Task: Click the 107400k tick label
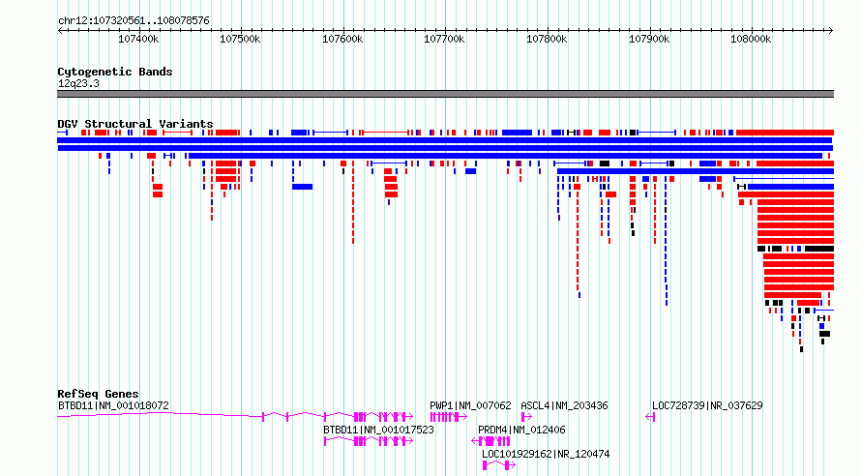click(138, 39)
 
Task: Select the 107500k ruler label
click(240, 39)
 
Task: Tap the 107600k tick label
click(342, 39)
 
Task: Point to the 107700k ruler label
click(444, 39)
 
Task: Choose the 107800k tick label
click(547, 39)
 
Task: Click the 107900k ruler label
click(649, 39)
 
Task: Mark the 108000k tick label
click(751, 39)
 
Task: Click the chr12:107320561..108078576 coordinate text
click(134, 21)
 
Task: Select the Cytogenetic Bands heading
click(115, 72)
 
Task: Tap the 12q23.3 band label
click(78, 83)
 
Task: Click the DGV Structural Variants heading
click(135, 124)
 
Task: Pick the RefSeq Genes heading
click(98, 394)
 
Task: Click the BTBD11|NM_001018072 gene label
click(113, 405)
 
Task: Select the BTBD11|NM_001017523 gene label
click(378, 430)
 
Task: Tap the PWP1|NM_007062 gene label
click(470, 405)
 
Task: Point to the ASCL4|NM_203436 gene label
click(564, 405)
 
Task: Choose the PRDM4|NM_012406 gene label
click(521, 430)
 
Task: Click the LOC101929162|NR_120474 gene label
click(546, 454)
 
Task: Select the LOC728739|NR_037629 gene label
click(707, 405)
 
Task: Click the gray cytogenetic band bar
click(445, 94)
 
